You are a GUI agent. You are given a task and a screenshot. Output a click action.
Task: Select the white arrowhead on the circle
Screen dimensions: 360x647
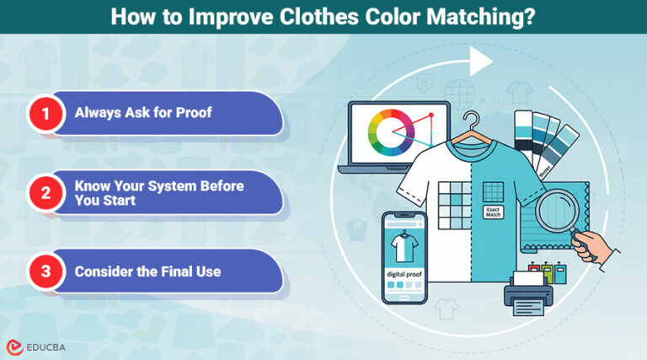tap(480, 60)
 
